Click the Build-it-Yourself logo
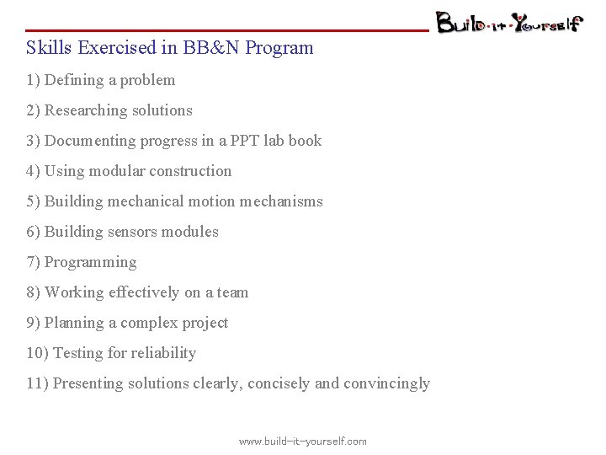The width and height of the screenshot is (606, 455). click(508, 22)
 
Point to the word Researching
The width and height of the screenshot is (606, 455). click(87, 110)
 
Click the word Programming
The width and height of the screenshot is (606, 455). click(90, 262)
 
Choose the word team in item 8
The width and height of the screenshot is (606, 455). click(232, 292)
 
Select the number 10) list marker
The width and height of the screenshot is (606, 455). click(37, 353)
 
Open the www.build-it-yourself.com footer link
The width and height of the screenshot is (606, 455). click(303, 442)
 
